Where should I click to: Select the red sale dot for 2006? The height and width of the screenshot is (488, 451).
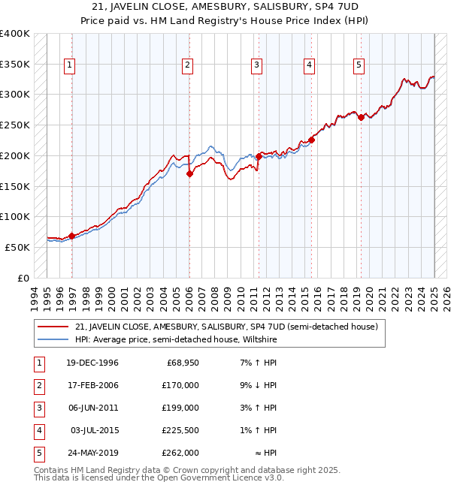click(x=189, y=173)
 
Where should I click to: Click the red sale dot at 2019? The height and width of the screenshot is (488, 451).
click(x=361, y=117)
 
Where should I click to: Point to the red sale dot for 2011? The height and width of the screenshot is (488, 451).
click(x=258, y=156)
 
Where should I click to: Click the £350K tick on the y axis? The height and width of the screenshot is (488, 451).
click(x=14, y=65)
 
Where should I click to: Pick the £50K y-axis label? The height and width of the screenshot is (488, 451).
click(x=17, y=247)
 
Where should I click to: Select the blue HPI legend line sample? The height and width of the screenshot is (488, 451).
click(x=53, y=339)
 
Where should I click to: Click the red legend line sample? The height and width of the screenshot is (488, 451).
click(x=53, y=327)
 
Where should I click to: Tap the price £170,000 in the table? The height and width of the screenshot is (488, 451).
click(x=181, y=385)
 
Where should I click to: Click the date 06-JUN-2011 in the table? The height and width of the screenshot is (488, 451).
click(x=92, y=408)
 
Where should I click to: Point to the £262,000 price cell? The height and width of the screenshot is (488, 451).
click(x=181, y=453)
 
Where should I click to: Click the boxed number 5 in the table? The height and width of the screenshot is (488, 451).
click(x=38, y=453)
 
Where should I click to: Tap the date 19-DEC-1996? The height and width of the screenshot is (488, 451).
click(x=92, y=363)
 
